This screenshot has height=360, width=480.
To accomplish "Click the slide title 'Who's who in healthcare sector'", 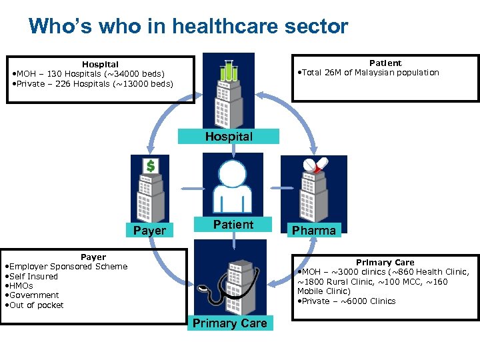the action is click(188, 27).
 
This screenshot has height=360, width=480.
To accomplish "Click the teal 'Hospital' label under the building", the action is click(229, 137).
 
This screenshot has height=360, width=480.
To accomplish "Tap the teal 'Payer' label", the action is click(150, 231).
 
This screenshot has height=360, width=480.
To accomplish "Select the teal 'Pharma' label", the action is click(313, 231).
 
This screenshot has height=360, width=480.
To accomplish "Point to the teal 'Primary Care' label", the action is click(229, 323).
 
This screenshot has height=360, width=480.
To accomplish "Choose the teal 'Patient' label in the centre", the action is click(233, 225).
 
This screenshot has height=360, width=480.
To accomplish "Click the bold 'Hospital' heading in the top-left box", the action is click(100, 64).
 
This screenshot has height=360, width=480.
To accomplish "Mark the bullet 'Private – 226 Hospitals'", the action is click(93, 84).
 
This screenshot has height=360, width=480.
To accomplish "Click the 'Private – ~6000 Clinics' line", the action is click(347, 301).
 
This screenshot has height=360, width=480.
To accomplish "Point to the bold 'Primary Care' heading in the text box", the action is click(385, 263).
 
